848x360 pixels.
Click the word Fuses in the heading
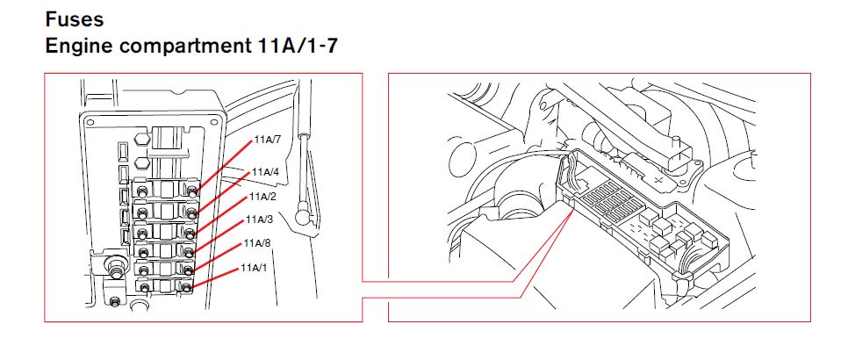74,19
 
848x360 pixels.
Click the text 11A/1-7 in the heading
295,46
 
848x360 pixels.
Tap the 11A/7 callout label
268,140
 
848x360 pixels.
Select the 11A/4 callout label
265,172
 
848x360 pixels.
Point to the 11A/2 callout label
262,197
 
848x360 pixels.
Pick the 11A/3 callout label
260,220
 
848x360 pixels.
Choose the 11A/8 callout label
257,243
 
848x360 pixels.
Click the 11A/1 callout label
255,268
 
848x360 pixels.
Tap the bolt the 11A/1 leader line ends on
186,287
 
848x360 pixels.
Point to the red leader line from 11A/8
217,256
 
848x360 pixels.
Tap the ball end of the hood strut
302,216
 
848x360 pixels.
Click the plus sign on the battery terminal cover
658,179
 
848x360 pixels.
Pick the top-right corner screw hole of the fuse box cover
217,118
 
